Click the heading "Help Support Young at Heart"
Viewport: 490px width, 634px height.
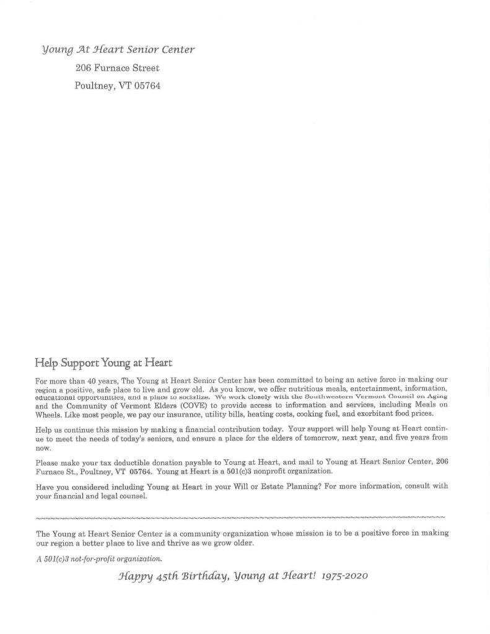click(103, 362)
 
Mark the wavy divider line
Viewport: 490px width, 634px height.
click(240, 516)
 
